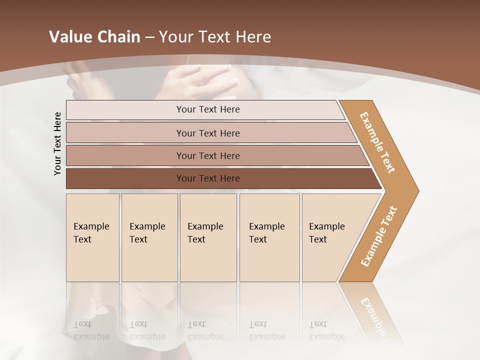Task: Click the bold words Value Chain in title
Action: [94, 37]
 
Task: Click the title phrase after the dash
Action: [215, 37]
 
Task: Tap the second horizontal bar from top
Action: [208, 133]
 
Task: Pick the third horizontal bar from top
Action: [208, 155]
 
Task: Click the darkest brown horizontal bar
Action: [208, 178]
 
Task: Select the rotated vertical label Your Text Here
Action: [58, 143]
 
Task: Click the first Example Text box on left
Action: [92, 237]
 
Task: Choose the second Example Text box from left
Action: [149, 237]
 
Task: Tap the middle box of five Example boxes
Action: [208, 237]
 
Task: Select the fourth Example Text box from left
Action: [269, 237]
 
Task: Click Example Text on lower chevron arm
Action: [379, 236]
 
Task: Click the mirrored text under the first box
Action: [91, 330]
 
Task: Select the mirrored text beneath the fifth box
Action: [326, 330]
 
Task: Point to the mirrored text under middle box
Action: [205, 330]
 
